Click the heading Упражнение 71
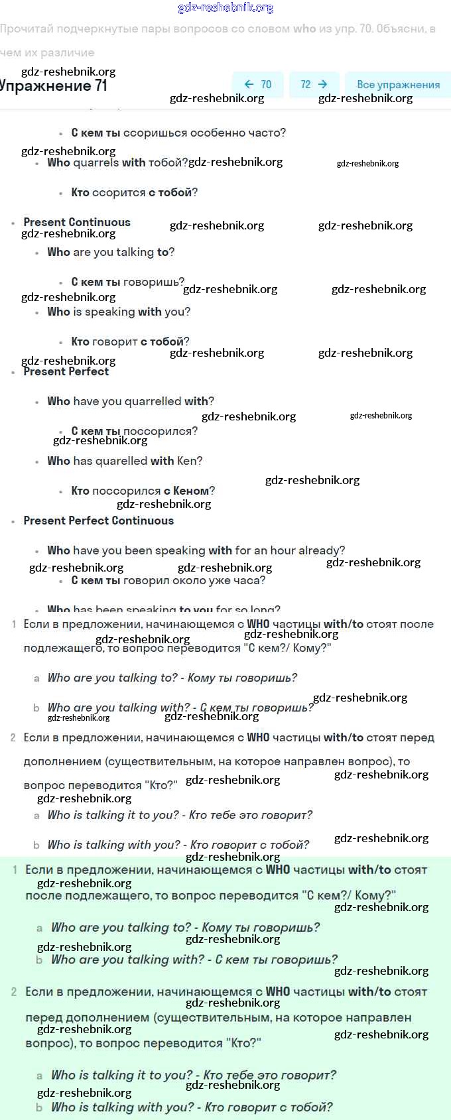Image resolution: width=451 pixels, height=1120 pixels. point(53,86)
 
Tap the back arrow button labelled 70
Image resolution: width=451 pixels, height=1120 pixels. point(258,84)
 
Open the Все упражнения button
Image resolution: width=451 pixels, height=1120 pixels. point(398,84)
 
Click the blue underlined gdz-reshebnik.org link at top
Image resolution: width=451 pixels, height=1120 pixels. point(225,8)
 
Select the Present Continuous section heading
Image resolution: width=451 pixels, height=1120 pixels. point(77,222)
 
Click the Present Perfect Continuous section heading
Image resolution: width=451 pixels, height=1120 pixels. point(98,521)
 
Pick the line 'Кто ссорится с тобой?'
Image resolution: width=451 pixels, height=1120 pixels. point(134,192)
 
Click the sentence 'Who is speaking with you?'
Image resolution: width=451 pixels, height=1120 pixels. point(119,312)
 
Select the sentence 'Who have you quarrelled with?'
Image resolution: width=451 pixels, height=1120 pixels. point(131,401)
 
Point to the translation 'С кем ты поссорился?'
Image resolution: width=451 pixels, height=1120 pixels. point(134,431)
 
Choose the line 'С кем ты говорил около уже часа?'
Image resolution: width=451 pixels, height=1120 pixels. point(168,580)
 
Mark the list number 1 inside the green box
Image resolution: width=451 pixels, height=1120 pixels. point(15,870)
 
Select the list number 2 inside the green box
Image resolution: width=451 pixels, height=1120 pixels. point(15,992)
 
